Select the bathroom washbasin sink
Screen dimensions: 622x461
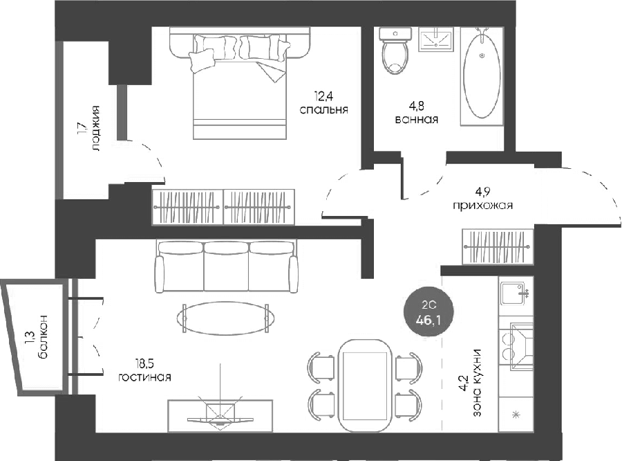(x=435, y=39)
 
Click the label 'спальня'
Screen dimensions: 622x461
(x=323, y=109)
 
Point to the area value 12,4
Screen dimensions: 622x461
(x=323, y=96)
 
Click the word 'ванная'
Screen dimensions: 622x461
(x=417, y=119)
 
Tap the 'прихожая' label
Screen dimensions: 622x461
(x=483, y=206)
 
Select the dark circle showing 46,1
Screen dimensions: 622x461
(x=428, y=312)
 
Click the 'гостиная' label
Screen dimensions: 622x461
(x=145, y=377)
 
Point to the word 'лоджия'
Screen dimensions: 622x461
(x=95, y=128)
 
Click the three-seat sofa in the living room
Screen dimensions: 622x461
(x=227, y=266)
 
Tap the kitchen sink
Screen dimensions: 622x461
(x=515, y=293)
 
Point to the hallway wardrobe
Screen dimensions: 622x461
(x=498, y=246)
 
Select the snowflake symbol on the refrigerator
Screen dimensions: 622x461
(x=516, y=415)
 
